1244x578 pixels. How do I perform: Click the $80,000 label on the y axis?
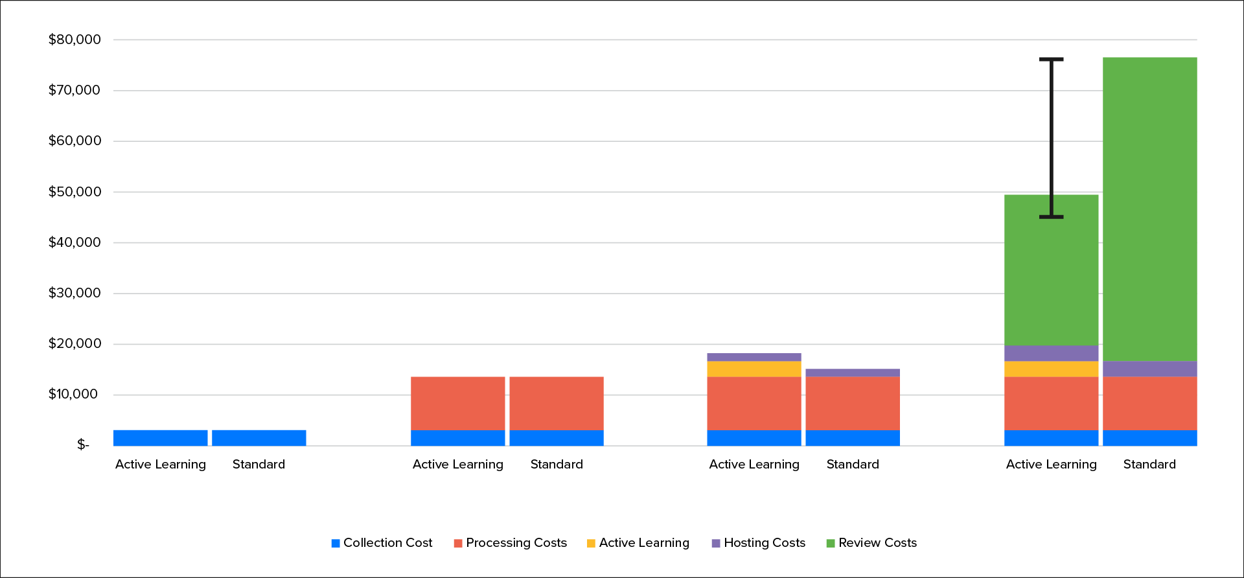pos(75,40)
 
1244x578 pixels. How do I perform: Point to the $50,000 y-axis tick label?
pos(75,192)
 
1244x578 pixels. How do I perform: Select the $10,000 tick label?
pos(73,394)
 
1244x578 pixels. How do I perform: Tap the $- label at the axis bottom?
pos(83,445)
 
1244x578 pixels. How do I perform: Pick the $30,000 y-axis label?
pos(75,293)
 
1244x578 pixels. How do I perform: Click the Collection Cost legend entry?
pos(382,543)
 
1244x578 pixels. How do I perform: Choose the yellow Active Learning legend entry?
pos(638,543)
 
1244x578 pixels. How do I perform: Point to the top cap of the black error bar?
pos(1051,60)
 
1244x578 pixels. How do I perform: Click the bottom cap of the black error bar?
pos(1051,216)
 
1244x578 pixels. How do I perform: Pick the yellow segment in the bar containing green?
pos(1051,369)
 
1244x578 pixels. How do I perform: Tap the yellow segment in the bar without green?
pos(754,369)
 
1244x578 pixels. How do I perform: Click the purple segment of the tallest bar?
pos(1149,369)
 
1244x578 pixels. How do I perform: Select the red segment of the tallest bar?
pos(1149,403)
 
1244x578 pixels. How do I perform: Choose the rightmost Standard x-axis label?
pos(1149,465)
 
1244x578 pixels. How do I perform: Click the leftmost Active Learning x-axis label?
pos(160,465)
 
